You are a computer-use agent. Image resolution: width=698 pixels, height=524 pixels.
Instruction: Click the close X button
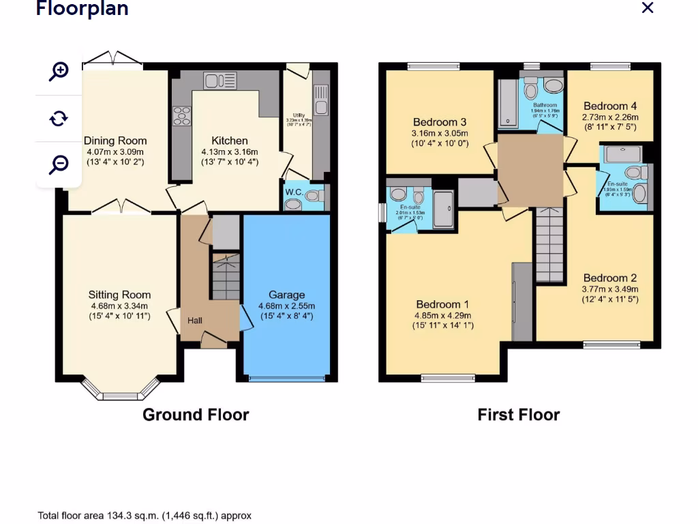click(x=648, y=8)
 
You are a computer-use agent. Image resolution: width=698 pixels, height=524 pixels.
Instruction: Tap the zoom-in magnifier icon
click(x=59, y=71)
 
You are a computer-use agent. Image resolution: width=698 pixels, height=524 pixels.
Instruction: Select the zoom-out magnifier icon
click(x=59, y=164)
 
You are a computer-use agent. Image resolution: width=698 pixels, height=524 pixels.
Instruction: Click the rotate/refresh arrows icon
click(x=59, y=118)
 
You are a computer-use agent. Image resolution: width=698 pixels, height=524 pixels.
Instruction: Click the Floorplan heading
click(x=82, y=9)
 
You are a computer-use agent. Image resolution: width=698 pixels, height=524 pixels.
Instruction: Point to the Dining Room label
click(x=115, y=141)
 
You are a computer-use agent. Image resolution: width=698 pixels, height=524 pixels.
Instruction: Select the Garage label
click(x=286, y=295)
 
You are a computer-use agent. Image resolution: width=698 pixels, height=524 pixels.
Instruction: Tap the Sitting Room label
click(x=119, y=295)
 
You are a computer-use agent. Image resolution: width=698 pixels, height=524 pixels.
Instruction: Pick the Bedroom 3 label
click(x=440, y=122)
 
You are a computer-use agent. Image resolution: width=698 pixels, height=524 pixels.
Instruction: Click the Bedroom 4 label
click(x=610, y=106)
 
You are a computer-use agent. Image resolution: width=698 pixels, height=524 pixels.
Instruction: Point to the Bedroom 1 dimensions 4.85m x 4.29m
click(x=443, y=315)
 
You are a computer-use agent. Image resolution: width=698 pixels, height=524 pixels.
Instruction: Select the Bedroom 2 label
click(x=610, y=278)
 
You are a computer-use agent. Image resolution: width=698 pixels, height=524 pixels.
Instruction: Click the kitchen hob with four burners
click(x=182, y=117)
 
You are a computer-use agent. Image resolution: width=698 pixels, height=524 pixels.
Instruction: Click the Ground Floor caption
click(x=196, y=415)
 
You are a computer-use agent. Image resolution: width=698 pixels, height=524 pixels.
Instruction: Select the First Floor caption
click(x=519, y=415)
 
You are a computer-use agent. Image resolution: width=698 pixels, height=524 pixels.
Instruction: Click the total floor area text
click(x=145, y=516)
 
